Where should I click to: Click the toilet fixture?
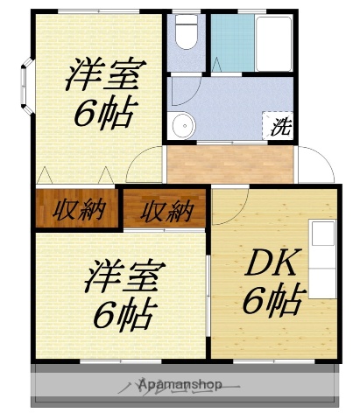point(185,34)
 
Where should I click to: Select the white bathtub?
point(273,44)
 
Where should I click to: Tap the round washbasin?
point(182,125)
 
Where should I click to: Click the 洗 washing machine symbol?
point(279,125)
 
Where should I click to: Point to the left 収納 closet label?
point(77,211)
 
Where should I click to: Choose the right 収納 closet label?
point(166,211)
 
